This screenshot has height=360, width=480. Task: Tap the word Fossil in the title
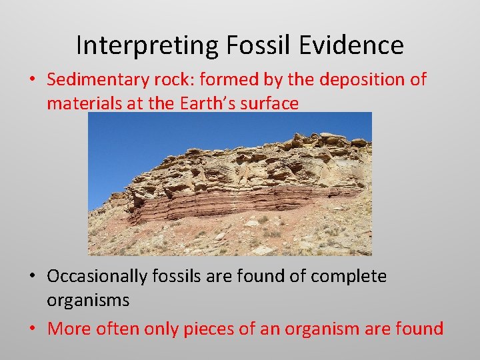point(247,45)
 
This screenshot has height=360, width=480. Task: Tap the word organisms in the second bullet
point(88,300)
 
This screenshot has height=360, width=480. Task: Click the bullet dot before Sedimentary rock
point(32,80)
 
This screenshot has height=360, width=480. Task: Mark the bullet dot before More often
point(32,329)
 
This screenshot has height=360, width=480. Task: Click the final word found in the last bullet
point(421,328)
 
